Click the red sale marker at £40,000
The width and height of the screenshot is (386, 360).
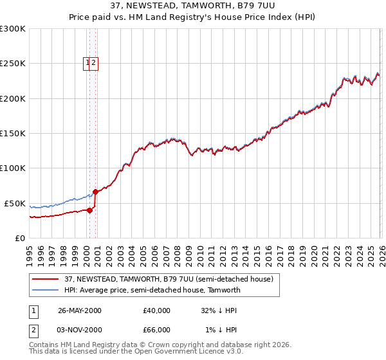click(90, 210)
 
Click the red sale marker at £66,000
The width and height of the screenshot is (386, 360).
click(95, 192)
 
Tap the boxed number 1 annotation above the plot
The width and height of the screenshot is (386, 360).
click(87, 62)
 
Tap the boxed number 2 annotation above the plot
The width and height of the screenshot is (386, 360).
click(94, 62)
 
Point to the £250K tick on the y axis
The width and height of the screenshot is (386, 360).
click(13, 64)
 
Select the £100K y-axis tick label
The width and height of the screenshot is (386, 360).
click(13, 168)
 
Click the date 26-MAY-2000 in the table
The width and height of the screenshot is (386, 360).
click(80, 310)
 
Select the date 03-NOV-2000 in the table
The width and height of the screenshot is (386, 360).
click(80, 330)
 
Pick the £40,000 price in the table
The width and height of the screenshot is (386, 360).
click(157, 310)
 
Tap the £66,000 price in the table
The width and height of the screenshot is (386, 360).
click(157, 330)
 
